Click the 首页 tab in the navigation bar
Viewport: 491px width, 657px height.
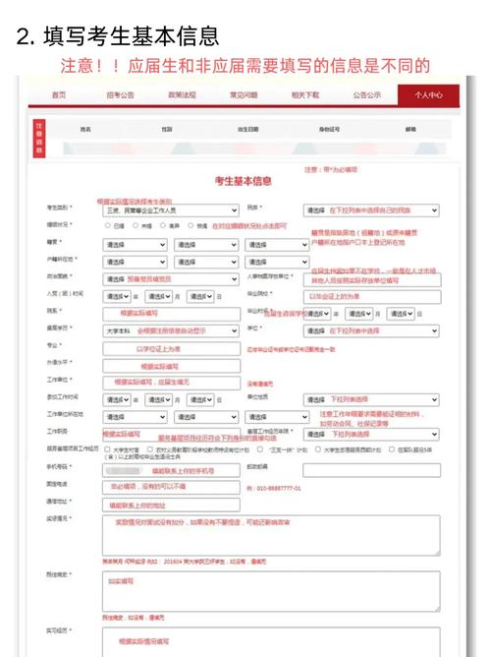pyautogui.click(x=59, y=94)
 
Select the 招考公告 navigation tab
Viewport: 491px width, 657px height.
pyautogui.click(x=120, y=94)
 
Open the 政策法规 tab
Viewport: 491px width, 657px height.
pyautogui.click(x=183, y=94)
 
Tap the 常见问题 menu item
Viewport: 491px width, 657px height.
pyautogui.click(x=244, y=94)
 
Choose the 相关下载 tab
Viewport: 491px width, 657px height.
pyautogui.click(x=305, y=94)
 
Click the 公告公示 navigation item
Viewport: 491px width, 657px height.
pyautogui.click(x=366, y=94)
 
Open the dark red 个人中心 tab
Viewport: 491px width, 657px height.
pyautogui.click(x=429, y=94)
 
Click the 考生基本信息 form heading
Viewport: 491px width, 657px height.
pyautogui.click(x=244, y=180)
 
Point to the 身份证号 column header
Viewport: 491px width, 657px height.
pyautogui.click(x=329, y=129)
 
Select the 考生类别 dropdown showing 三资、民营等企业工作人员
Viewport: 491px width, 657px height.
pyautogui.click(x=170, y=209)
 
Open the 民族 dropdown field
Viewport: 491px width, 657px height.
pyautogui.click(x=371, y=209)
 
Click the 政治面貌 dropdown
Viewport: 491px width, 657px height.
pyautogui.click(x=170, y=278)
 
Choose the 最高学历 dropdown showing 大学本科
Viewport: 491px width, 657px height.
pyautogui.click(x=170, y=329)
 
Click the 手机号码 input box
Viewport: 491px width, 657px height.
pyautogui.click(x=170, y=470)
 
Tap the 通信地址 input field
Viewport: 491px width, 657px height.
pyautogui.click(x=170, y=504)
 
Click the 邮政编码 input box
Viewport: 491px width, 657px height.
pyautogui.click(x=371, y=470)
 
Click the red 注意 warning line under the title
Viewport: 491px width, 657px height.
pyautogui.click(x=245, y=66)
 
